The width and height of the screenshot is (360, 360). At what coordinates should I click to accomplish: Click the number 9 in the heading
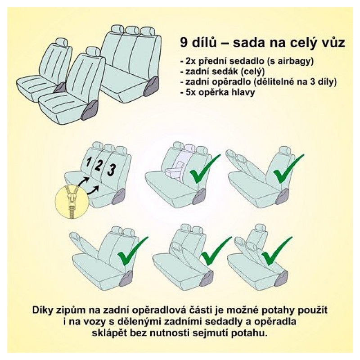point(184,42)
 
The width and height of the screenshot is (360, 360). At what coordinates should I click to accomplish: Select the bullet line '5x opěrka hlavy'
point(217,92)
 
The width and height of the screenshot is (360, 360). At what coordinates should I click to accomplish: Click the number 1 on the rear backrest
point(88,162)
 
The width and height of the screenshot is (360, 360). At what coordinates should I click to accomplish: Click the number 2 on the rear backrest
point(99,165)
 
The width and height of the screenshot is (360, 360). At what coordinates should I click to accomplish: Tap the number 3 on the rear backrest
point(111,170)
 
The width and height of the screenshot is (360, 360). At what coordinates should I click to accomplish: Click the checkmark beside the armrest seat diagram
point(204,169)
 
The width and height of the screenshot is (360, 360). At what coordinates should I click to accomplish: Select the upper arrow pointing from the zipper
point(84,181)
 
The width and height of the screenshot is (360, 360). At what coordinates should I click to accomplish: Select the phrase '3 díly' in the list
point(323,82)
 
